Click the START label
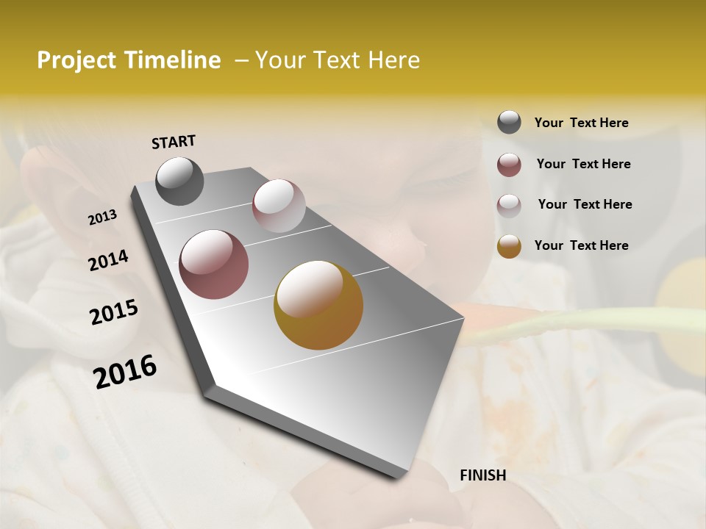tap(174, 142)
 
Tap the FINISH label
tap(482, 475)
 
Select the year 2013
tap(103, 217)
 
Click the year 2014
tap(108, 261)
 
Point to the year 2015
tap(114, 312)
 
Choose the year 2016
tap(125, 372)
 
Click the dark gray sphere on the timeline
tap(179, 181)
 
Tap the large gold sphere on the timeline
tap(318, 305)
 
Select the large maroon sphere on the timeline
tap(213, 264)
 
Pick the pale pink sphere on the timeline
tap(279, 206)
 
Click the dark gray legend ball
tap(509, 122)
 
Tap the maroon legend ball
tap(509, 165)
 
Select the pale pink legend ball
tap(509, 206)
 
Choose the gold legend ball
tap(509, 246)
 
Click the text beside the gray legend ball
tap(581, 123)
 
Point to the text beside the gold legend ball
tap(581, 245)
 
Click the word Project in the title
tap(77, 61)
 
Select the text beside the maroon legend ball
tap(583, 164)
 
